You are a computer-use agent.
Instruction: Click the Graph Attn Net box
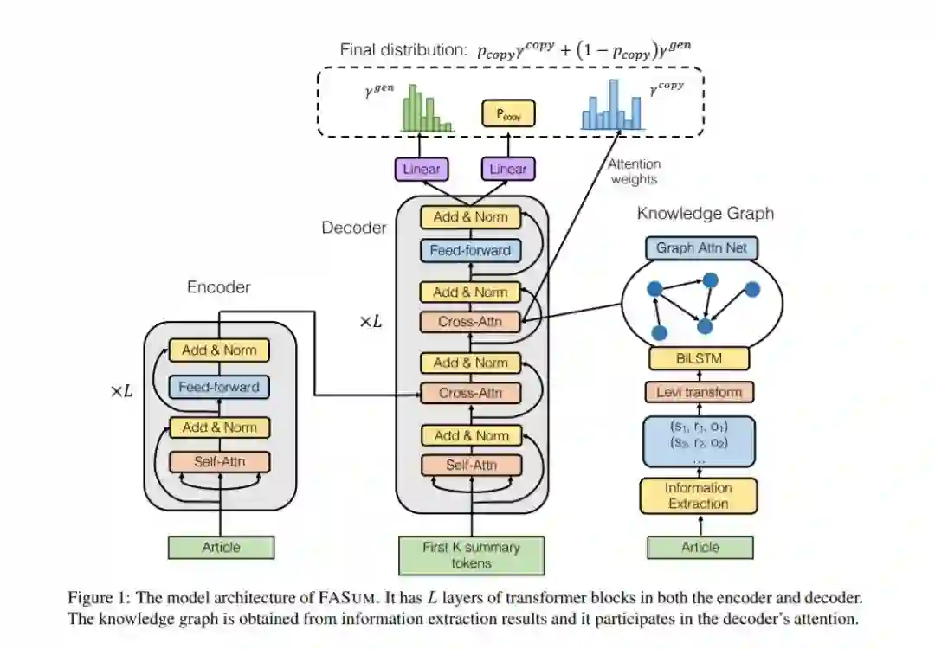[x=701, y=248]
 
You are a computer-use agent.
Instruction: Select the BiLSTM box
[x=699, y=359]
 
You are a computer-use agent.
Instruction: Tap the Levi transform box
[x=700, y=392]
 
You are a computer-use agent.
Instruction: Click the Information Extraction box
[x=699, y=496]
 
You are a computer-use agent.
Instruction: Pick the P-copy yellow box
[x=508, y=113]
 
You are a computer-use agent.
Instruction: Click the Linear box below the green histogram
[x=421, y=169]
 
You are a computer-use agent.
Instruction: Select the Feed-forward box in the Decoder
[x=470, y=250]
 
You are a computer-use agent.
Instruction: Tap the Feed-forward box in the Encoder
[x=219, y=387]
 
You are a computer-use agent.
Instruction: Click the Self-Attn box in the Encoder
[x=219, y=462]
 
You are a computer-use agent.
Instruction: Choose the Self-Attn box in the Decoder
[x=471, y=465]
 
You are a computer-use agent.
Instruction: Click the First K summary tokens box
[x=471, y=556]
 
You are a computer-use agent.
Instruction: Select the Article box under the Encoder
[x=222, y=547]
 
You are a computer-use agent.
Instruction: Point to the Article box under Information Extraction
[x=700, y=547]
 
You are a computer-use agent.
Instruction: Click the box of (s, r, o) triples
[x=699, y=441]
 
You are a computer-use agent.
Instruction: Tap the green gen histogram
[x=427, y=108]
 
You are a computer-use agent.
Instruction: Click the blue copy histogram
[x=612, y=105]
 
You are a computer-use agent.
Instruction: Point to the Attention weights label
[x=634, y=171]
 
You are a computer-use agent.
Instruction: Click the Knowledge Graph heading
[x=706, y=214]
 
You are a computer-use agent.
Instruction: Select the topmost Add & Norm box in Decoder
[x=470, y=217]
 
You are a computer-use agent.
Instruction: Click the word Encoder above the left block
[x=219, y=287]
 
